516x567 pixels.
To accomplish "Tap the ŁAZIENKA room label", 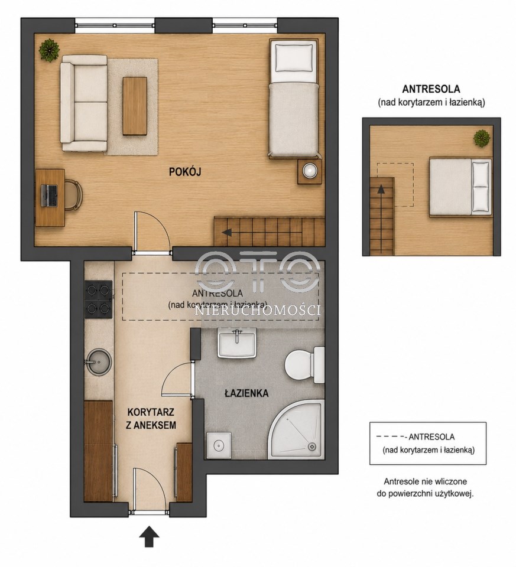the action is coord(246,393).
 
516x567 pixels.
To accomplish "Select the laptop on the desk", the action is coord(49,195).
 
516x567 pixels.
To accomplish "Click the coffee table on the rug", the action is coord(135,106).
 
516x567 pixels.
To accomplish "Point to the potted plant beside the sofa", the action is coord(49,50).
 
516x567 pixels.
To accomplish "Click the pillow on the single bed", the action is coord(294,58).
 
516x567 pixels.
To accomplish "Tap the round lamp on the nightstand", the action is coord(310,171).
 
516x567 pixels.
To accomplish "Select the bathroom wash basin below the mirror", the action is coord(237,343).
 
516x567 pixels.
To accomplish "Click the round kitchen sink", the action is coord(98,361).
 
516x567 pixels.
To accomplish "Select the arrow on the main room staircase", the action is coord(227,232).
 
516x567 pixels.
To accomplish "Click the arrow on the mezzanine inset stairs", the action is coord(380,190).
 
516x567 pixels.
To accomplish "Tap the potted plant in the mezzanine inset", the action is coord(482,138).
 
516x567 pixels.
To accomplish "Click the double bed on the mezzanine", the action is coord(460,187).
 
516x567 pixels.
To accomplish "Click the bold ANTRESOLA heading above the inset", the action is coord(431,89).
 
